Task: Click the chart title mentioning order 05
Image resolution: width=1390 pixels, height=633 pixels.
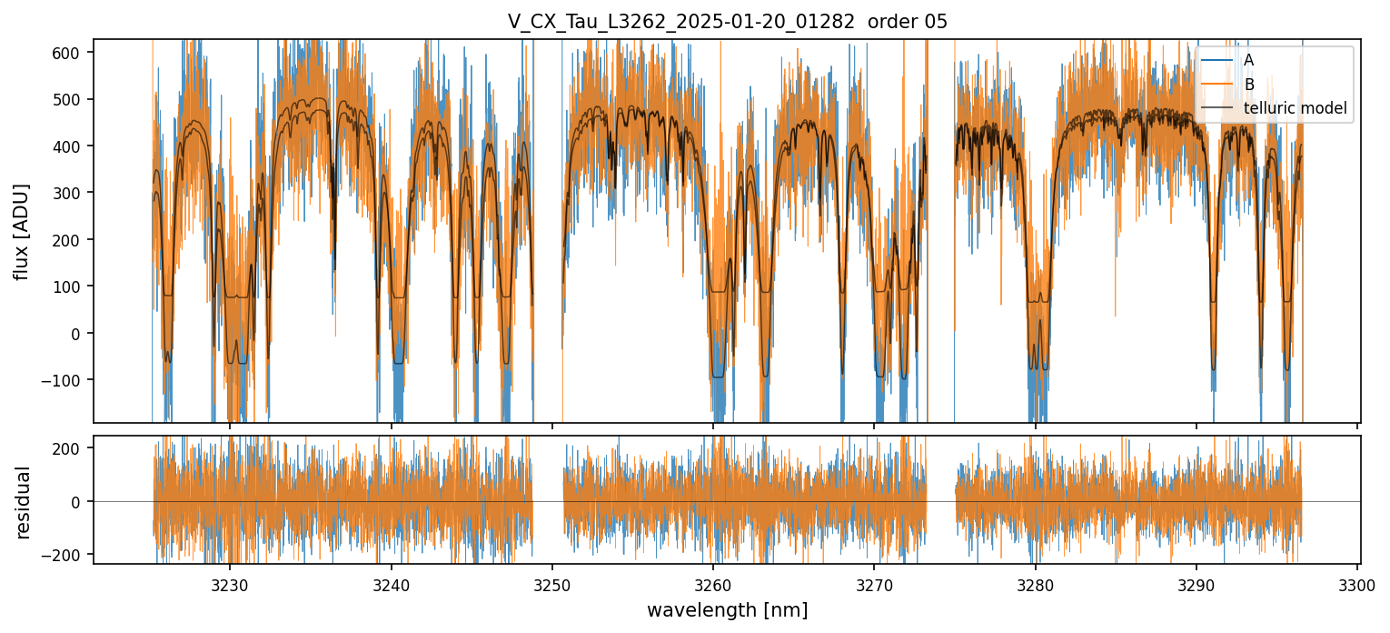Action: (727, 22)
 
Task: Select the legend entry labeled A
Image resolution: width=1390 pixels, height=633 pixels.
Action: (1248, 60)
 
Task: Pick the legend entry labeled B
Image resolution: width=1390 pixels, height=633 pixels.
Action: (1248, 85)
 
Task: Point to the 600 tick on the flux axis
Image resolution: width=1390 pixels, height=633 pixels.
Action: (74, 53)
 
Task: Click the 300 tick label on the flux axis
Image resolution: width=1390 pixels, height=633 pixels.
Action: (74, 193)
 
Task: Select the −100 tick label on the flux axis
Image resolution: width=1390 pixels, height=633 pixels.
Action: (69, 380)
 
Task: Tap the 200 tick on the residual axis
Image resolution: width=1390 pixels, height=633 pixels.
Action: (74, 447)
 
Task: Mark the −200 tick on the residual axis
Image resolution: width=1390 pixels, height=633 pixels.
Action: (69, 554)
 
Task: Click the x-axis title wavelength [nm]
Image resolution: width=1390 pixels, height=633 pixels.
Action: (727, 609)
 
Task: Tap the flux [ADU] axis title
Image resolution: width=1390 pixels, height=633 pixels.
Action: (23, 231)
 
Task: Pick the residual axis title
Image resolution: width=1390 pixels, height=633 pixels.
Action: (23, 501)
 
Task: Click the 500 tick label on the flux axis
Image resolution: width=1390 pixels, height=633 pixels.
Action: (74, 99)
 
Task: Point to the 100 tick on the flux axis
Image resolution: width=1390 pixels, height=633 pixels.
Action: (74, 286)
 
